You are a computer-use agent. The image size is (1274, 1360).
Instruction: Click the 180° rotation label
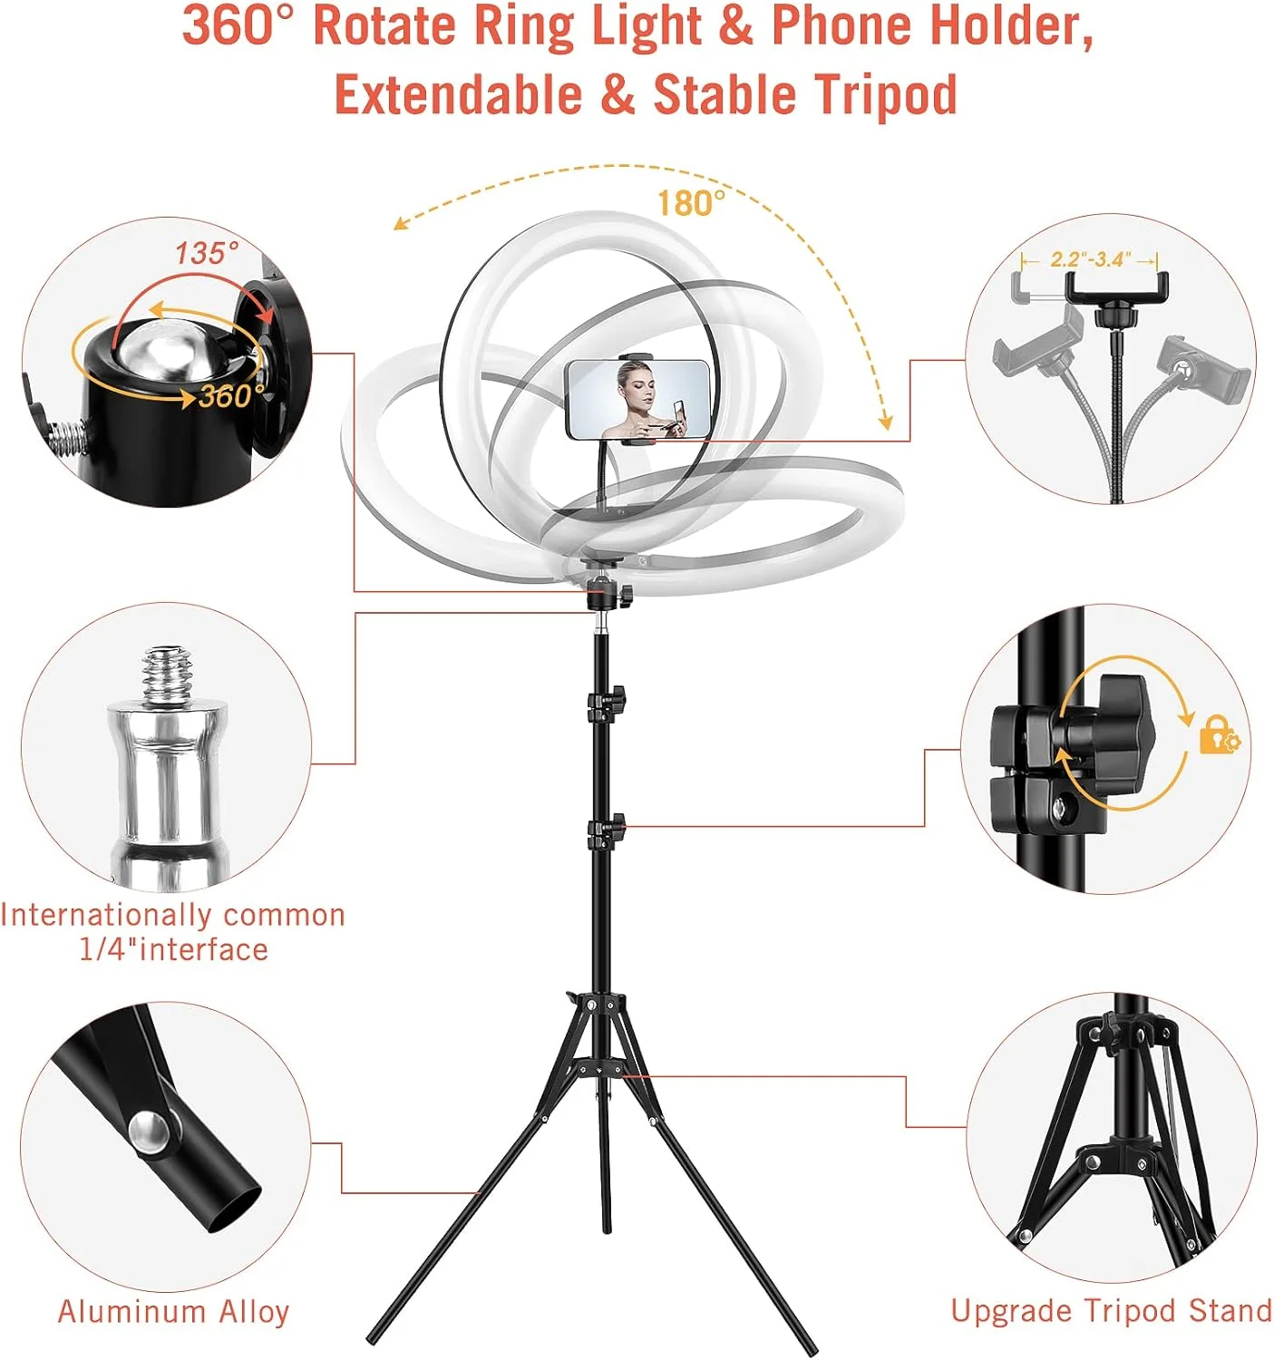(x=690, y=203)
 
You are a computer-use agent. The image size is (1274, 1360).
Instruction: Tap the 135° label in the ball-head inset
(x=207, y=253)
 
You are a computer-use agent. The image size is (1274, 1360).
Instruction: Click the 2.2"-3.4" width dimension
(x=1090, y=259)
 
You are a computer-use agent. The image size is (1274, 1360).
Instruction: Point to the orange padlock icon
(x=1220, y=736)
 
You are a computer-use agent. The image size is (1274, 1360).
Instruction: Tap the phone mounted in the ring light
(x=637, y=400)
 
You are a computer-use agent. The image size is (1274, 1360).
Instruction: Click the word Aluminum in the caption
(x=131, y=1311)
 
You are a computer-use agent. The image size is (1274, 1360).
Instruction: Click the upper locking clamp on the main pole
(x=607, y=703)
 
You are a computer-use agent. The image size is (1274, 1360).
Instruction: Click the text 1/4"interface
(x=174, y=949)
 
